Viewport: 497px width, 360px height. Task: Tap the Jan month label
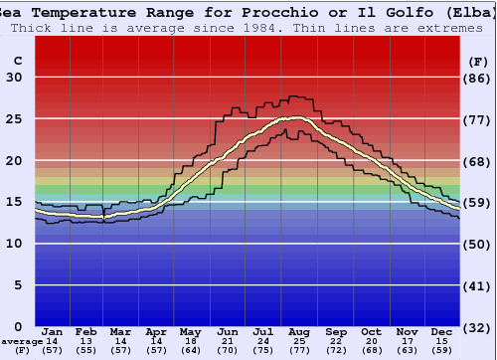53,331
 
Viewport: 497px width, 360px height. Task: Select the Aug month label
299,331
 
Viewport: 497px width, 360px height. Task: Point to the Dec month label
442,331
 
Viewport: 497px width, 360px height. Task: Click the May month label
191,331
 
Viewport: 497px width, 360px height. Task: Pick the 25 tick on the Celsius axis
15,119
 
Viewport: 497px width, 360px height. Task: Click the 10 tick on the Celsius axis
15,244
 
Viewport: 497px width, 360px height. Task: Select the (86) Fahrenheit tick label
479,79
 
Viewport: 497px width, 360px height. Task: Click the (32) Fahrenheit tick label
479,327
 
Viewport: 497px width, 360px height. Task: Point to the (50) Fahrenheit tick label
479,245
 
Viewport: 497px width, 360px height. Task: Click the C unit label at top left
17,62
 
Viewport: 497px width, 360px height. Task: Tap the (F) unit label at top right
478,62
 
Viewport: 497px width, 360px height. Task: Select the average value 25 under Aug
299,341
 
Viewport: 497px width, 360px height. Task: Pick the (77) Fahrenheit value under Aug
299,350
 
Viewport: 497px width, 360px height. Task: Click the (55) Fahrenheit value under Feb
86,350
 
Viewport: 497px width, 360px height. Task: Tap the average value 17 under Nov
406,341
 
